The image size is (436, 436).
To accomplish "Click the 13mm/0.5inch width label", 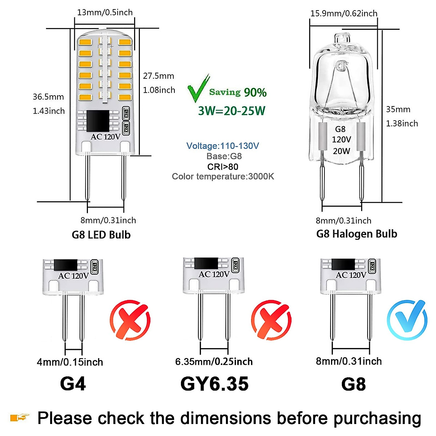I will point(105,12).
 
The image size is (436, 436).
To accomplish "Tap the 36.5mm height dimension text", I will point(48,97).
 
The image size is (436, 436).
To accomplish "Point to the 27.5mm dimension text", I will point(158,76).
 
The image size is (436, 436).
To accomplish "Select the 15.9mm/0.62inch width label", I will point(344,13).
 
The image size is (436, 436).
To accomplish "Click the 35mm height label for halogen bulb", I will point(398,109).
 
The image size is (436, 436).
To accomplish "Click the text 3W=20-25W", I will point(232,111).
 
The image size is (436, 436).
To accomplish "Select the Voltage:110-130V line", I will point(222,146).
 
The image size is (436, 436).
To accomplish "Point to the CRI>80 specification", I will point(223,167).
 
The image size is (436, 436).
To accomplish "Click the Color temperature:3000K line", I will point(223,177).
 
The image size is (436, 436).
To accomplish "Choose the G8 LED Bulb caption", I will point(101,235).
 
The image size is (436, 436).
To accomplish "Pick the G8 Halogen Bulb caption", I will point(356,234).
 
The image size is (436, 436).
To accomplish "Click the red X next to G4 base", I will point(130,320).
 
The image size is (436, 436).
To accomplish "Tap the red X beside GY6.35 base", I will point(271,320).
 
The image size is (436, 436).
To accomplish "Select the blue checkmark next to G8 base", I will point(407,319).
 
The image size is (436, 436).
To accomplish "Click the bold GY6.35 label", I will point(214,384).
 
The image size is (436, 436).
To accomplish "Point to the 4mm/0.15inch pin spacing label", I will point(70,362).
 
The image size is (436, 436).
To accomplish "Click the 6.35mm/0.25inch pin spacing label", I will point(214,362).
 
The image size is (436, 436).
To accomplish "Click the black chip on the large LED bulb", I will point(98,121).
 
